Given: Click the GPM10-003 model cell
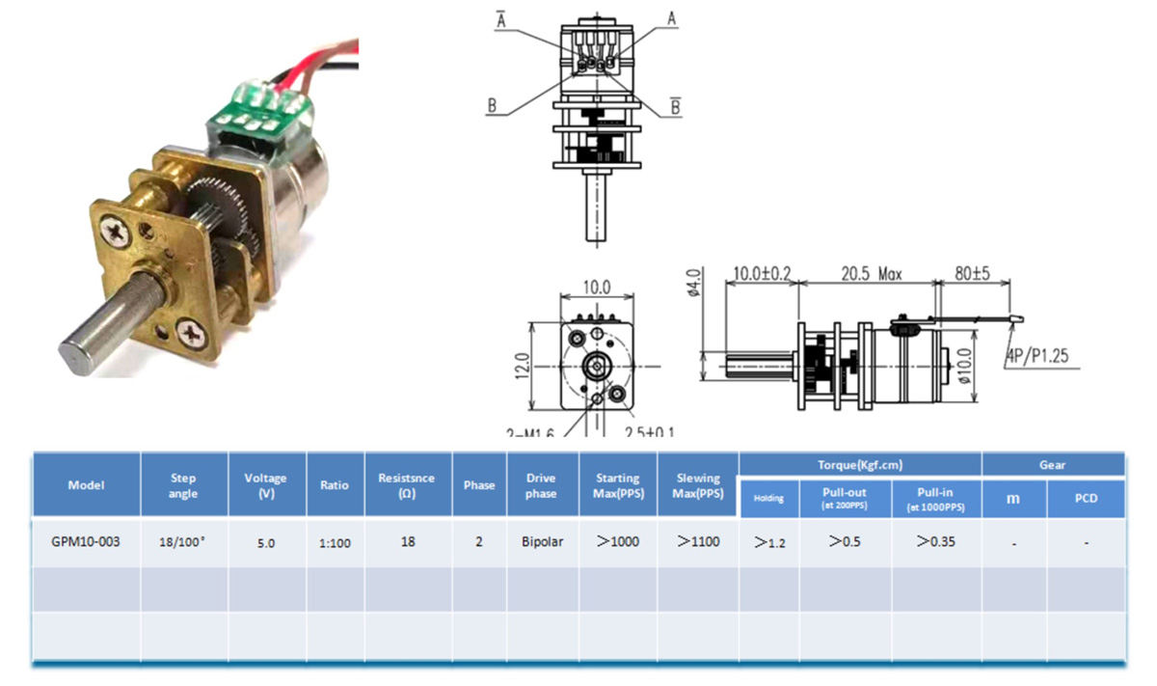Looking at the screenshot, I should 86,542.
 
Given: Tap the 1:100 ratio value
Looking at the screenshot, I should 335,543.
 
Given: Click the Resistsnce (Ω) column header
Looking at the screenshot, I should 407,485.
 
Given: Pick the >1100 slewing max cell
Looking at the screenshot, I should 698,542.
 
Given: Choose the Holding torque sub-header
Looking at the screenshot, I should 768,499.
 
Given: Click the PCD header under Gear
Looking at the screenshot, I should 1086,499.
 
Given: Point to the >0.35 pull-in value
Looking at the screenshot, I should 936,542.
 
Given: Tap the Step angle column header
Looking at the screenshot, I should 183,485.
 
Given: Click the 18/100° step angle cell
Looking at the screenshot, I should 183,543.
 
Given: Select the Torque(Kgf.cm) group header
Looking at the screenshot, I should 859,464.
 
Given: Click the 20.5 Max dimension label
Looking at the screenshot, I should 865,274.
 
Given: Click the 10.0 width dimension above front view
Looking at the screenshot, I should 598,288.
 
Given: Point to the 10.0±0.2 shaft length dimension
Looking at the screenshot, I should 761,274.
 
